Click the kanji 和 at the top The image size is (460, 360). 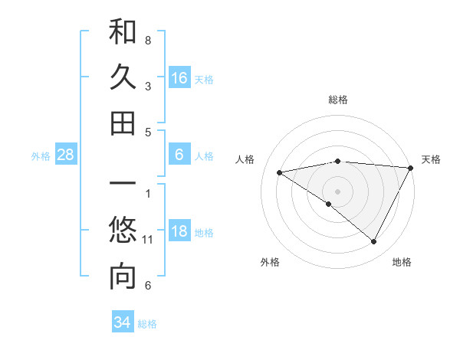[123, 32]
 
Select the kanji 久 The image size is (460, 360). [123, 77]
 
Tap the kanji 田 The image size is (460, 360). [123, 123]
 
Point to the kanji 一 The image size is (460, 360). [123, 185]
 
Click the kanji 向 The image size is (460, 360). [123, 277]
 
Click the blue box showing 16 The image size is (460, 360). [179, 77]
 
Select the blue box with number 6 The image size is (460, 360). [179, 155]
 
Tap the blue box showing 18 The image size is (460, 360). [179, 231]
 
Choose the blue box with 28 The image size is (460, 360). [66, 155]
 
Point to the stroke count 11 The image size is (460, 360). [148, 240]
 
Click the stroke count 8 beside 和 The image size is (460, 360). [148, 40]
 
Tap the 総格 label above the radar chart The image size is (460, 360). [338, 100]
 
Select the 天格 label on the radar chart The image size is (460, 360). [431, 159]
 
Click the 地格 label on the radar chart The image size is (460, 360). [402, 262]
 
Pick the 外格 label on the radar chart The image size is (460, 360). [270, 262]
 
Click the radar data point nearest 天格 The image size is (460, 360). [411, 168]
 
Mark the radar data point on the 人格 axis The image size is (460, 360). [280, 172]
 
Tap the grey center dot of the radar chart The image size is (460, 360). [337, 191]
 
